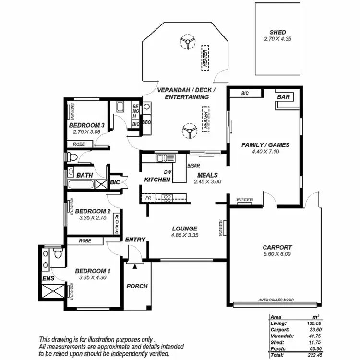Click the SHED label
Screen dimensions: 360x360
[277, 32]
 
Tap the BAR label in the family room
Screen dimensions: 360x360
[284, 97]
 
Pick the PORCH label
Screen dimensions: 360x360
[137, 286]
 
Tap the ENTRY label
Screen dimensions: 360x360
[135, 240]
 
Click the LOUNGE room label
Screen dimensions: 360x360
[184, 228]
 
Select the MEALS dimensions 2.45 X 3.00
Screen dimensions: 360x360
[207, 182]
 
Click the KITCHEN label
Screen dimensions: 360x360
[157, 180]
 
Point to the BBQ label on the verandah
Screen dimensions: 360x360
[146, 122]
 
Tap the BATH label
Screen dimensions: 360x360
[84, 175]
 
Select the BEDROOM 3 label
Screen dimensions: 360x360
[86, 125]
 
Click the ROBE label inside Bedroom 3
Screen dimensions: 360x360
[79, 144]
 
